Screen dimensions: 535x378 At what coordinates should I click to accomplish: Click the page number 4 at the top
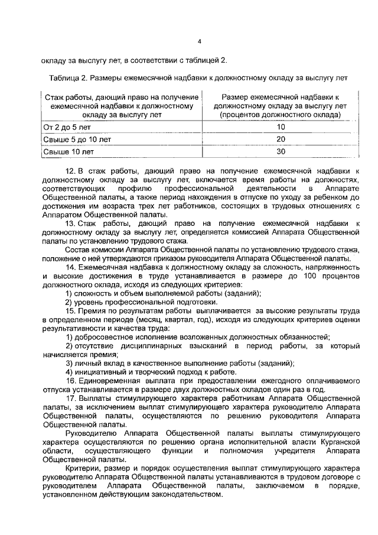point(200,41)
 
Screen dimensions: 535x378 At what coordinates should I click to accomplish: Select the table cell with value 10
point(281,127)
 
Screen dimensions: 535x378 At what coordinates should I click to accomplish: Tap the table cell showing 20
point(281,139)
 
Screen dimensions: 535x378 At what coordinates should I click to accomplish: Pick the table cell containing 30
point(281,151)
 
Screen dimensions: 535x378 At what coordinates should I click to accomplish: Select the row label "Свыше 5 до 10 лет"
point(77,139)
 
